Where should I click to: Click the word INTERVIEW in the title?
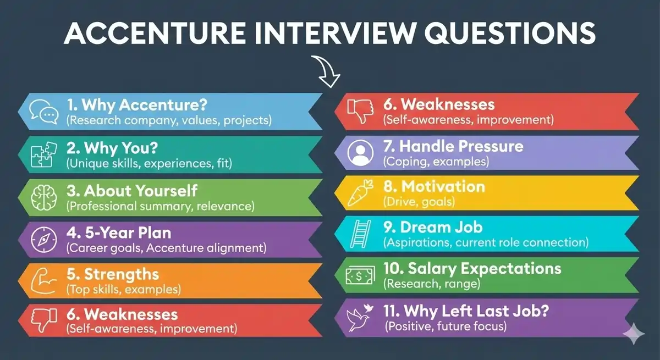pyautogui.click(x=312, y=34)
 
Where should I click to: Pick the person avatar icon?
pyautogui.click(x=361, y=153)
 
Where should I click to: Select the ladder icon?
pyautogui.click(x=361, y=234)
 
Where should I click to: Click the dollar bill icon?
pyautogui.click(x=361, y=275)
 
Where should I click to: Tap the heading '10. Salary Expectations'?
pyautogui.click(x=472, y=269)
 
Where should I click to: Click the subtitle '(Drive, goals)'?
pyautogui.click(x=419, y=202)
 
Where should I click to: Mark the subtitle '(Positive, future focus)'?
pyautogui.click(x=445, y=326)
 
